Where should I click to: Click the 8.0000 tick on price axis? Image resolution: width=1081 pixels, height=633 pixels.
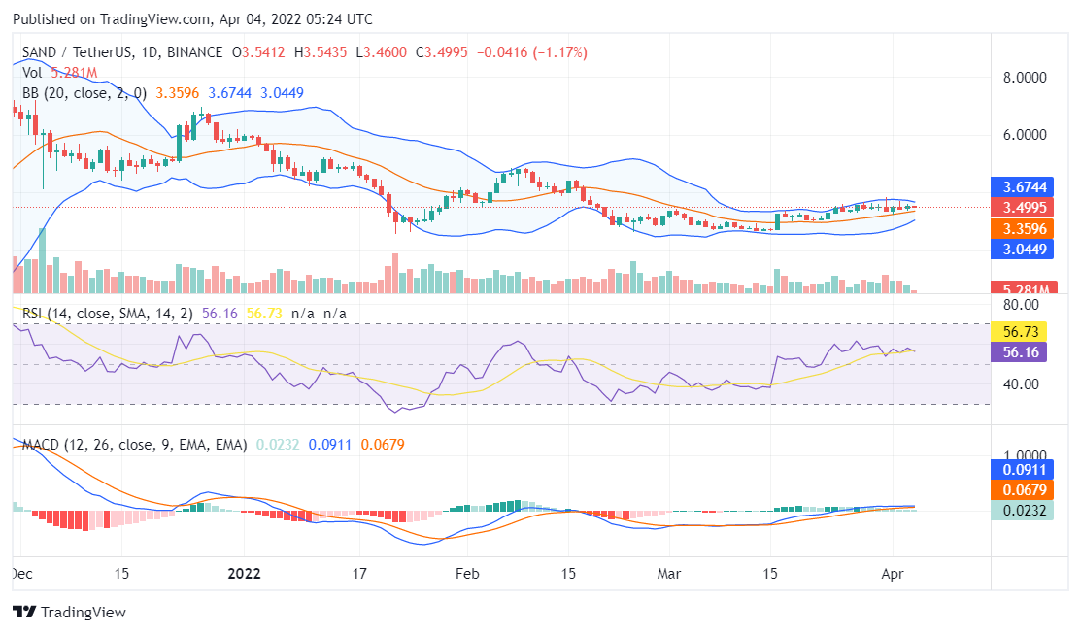click(1026, 78)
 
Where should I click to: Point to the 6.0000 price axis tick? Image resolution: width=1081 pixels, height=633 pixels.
click(1026, 135)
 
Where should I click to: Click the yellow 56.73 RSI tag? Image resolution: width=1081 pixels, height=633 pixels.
click(1017, 331)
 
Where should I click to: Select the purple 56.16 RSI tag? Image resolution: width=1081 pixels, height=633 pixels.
click(1017, 351)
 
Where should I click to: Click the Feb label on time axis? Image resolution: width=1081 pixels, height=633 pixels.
click(468, 573)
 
